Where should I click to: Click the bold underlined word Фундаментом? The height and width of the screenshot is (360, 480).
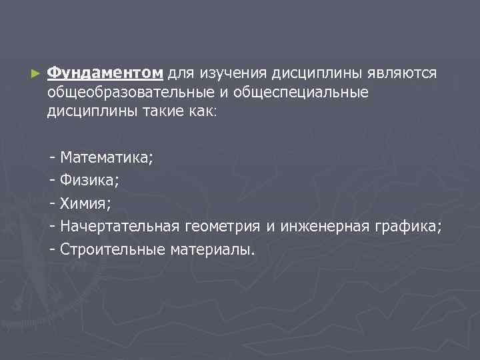click(x=105, y=73)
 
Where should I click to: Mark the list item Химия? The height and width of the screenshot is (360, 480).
click(x=85, y=203)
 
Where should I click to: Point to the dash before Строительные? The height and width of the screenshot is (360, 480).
click(x=53, y=249)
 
